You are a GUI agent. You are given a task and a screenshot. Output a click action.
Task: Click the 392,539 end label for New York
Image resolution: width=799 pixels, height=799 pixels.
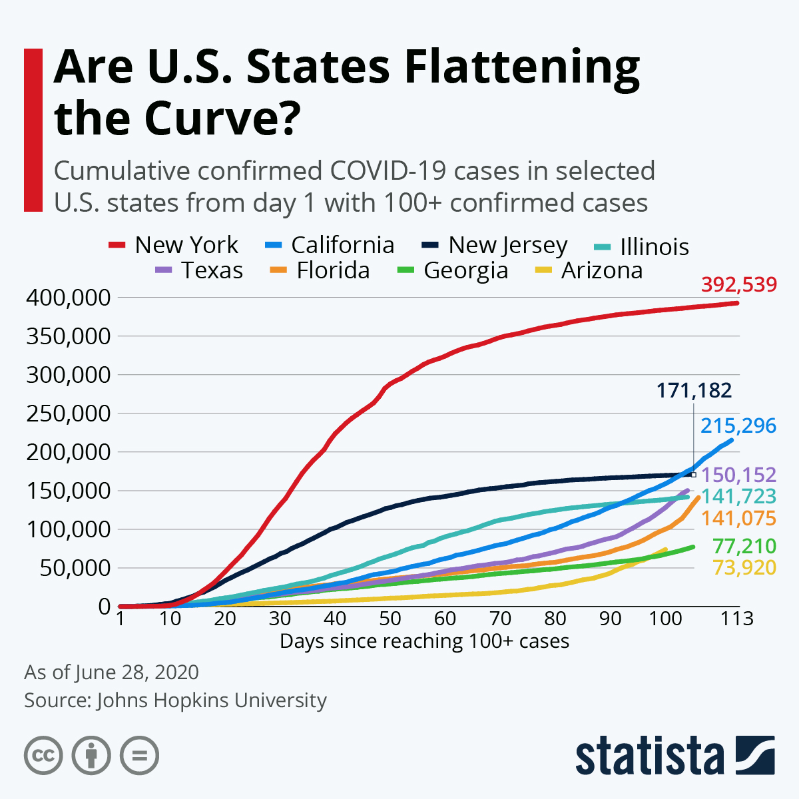[738, 285]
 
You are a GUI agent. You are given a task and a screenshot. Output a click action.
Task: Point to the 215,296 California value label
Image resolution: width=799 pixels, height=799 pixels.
[738, 425]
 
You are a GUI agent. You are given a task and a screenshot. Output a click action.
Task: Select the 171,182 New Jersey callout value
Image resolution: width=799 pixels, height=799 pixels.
[694, 390]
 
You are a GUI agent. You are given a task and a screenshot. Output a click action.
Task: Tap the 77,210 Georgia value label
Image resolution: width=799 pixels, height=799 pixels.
[744, 547]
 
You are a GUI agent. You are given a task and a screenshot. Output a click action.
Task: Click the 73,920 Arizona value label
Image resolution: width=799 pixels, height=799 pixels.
[744, 568]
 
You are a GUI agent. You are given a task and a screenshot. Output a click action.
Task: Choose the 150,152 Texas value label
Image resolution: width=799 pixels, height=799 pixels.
[738, 475]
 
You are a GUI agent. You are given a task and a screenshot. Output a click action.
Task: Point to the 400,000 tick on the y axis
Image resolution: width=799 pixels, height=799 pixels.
[68, 298]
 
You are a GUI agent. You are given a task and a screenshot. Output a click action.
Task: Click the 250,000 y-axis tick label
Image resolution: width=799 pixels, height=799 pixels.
[68, 413]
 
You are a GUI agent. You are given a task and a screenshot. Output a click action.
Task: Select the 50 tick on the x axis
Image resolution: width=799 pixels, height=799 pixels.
[390, 619]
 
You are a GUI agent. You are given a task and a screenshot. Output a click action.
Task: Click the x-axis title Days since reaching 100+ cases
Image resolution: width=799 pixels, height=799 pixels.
[424, 641]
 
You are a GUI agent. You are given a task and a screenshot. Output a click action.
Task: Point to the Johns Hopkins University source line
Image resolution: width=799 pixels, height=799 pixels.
[175, 700]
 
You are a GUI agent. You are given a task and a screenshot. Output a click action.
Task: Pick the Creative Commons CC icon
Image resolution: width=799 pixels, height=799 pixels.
[43, 756]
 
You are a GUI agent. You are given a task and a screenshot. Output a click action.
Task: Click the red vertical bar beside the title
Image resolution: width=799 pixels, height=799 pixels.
[33, 130]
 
